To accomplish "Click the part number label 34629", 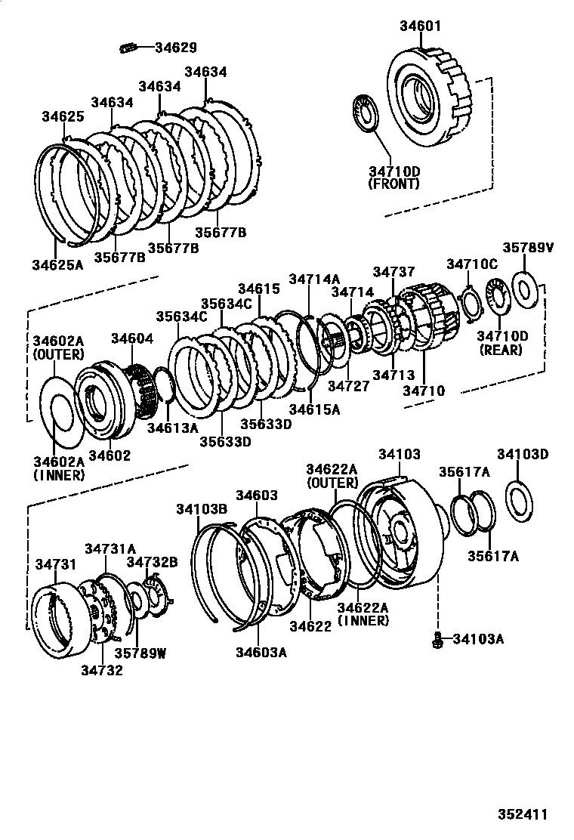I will (175, 48).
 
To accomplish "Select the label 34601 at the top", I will (420, 27).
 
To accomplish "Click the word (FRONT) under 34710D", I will (395, 184).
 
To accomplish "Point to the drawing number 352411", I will (521, 814).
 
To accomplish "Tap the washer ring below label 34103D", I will (521, 499).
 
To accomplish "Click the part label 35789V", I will (528, 248).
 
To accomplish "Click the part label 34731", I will (56, 564).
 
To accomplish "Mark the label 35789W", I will (140, 653).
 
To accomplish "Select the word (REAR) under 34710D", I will (501, 351).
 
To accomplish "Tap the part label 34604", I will (132, 338).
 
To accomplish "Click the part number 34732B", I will (152, 562).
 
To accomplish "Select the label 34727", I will (348, 386).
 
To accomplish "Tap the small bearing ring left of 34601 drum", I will (368, 113).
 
